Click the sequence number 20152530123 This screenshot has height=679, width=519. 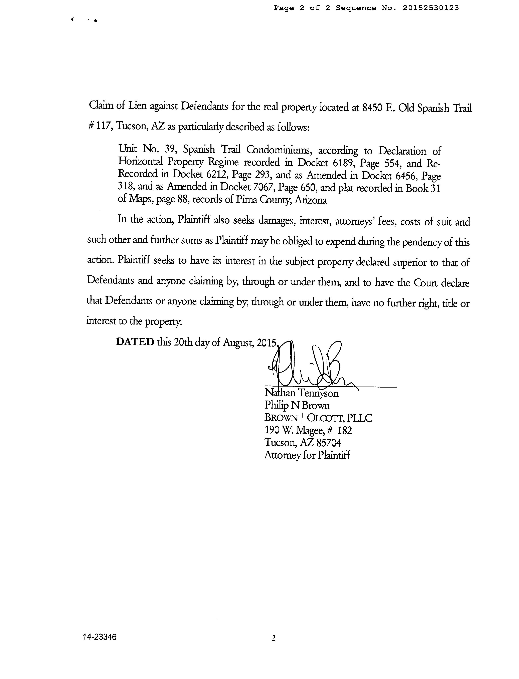point(431,8)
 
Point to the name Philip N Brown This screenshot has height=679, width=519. point(297,405)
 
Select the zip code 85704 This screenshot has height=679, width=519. point(329,443)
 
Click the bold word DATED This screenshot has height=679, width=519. point(135,342)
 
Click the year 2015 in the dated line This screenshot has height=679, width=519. point(267,343)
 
